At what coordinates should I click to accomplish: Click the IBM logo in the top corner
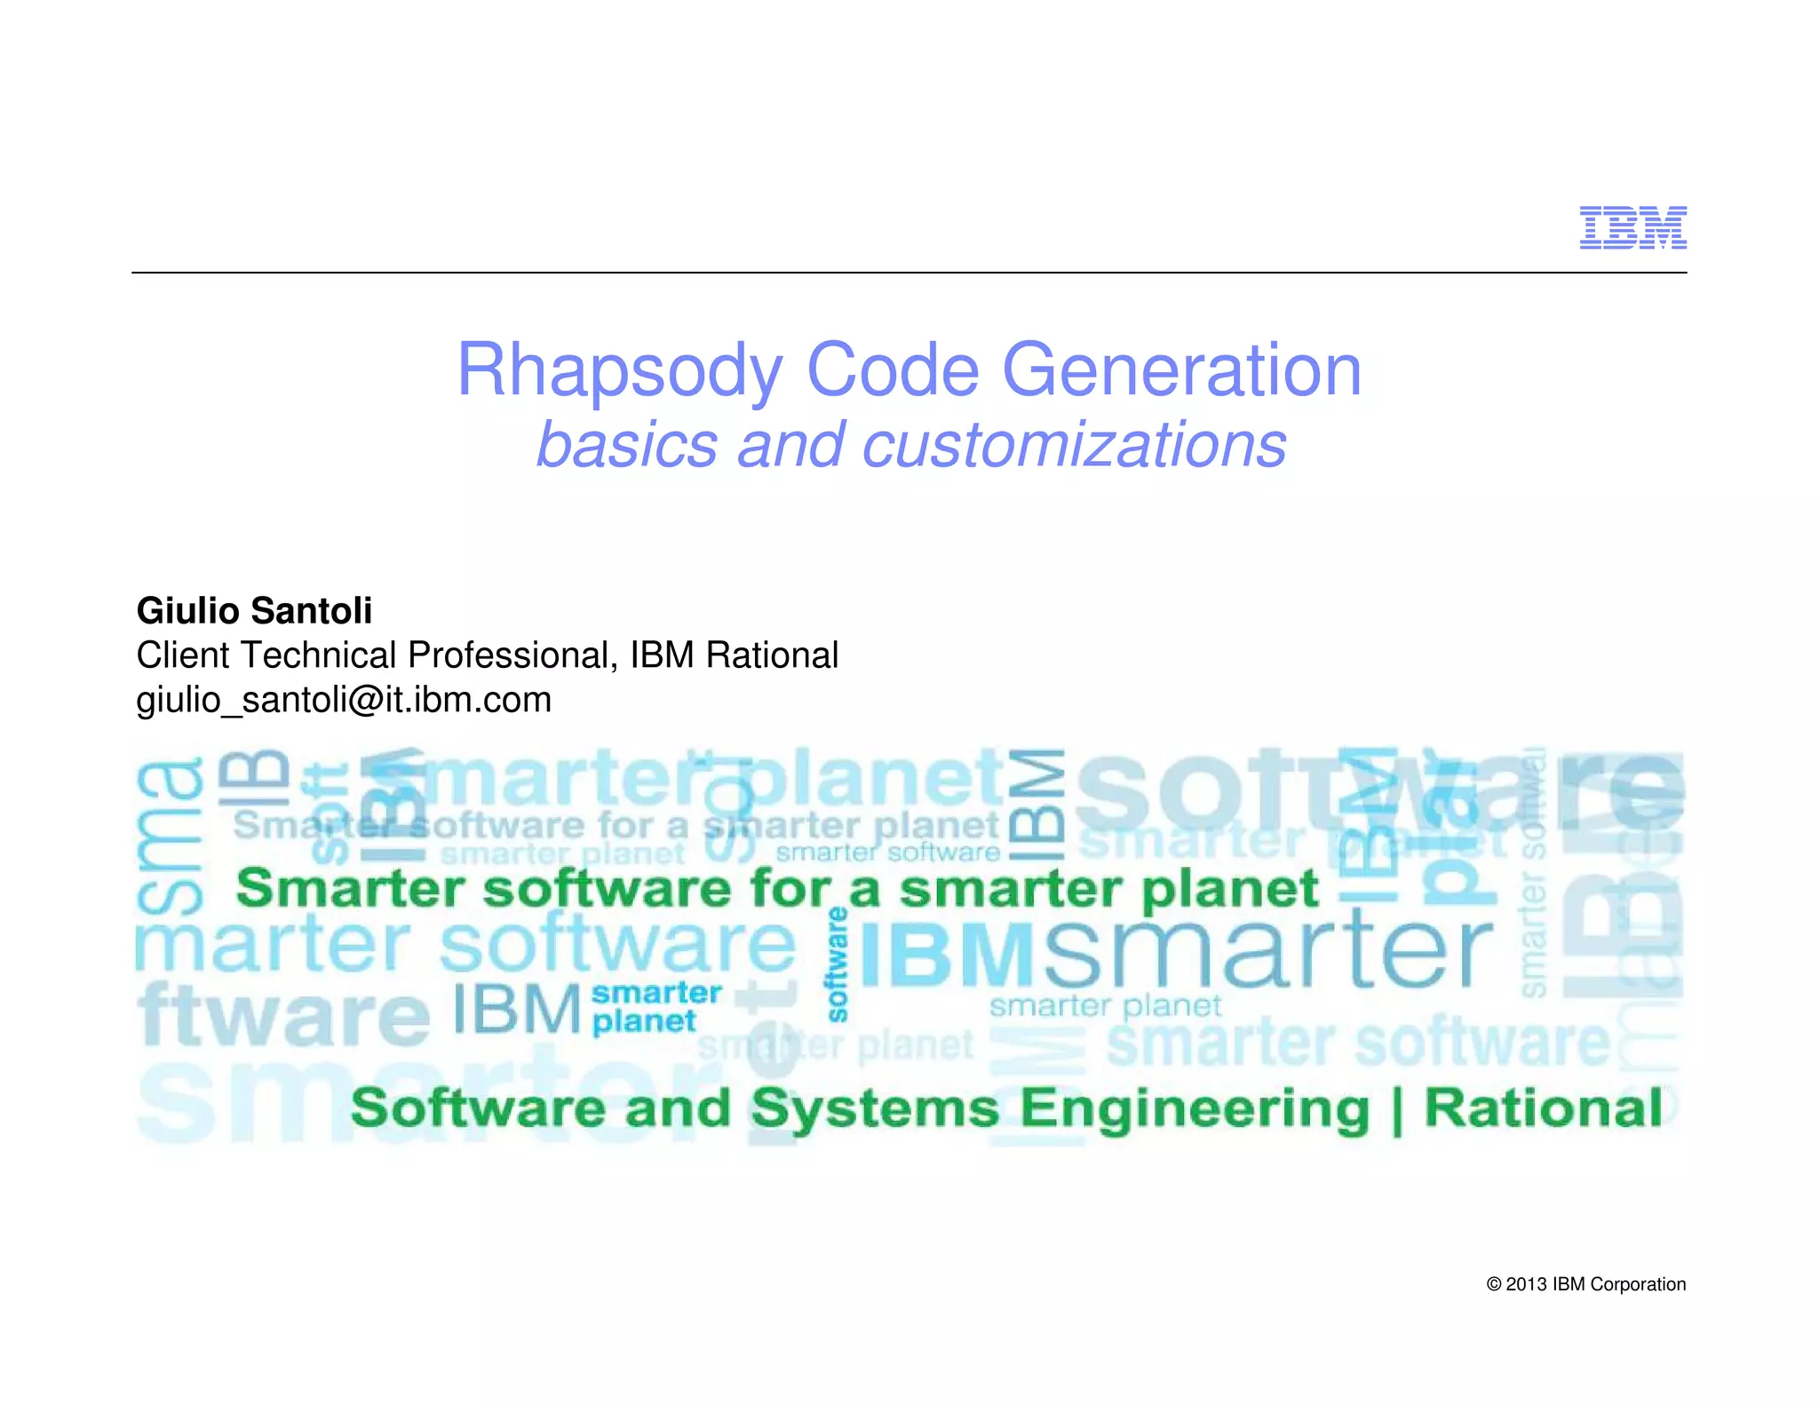click(1632, 227)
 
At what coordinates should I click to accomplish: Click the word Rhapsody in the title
click(619, 370)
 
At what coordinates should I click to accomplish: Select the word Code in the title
click(892, 370)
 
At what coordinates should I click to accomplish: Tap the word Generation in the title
click(1181, 370)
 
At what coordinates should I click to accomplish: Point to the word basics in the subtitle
click(627, 444)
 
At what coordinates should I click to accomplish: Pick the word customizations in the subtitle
click(1074, 444)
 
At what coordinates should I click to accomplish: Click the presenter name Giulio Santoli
click(254, 611)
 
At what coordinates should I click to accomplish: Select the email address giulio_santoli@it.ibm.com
click(344, 700)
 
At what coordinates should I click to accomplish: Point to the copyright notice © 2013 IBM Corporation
click(1585, 1284)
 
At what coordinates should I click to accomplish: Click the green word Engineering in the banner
click(1194, 1109)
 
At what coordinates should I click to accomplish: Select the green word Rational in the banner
click(1543, 1108)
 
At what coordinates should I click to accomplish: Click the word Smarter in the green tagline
click(350, 888)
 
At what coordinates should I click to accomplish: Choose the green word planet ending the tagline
click(1230, 890)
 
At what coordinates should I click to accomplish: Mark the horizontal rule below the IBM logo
click(909, 273)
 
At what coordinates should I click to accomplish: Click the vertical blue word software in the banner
click(837, 964)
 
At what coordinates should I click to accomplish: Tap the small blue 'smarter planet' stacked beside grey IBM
click(656, 1007)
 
